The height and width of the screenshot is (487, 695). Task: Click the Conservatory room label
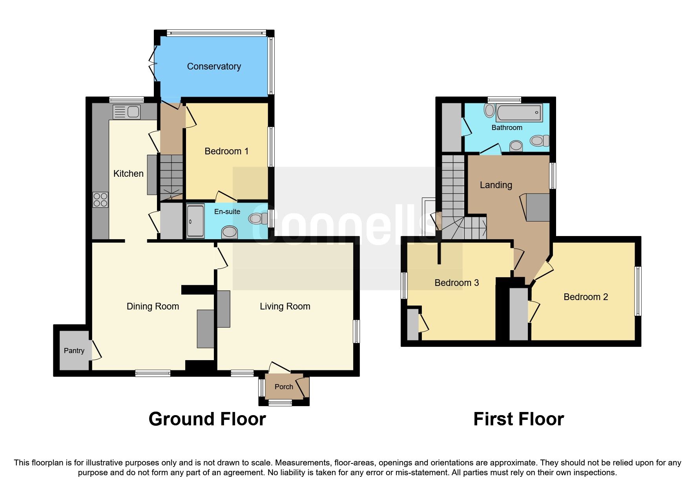pos(214,66)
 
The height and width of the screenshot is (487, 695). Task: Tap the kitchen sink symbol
pos(126,112)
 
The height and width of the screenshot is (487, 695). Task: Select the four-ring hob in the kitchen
pos(100,200)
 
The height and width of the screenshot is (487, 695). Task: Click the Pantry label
pos(74,351)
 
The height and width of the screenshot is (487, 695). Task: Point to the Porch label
pos(284,387)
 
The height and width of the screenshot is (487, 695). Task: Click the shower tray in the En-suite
pos(195,221)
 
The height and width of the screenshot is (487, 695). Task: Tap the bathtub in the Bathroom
pos(519,113)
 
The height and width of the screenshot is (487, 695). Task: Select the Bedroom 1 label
pos(226,151)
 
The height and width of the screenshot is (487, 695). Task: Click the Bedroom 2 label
pos(586,297)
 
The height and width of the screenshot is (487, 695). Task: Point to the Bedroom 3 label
pos(456,283)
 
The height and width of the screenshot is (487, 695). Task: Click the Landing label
pos(496,185)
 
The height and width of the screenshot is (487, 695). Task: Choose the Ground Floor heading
pos(207,419)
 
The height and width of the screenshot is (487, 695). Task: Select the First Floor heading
pos(518,419)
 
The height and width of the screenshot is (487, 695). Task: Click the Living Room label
pos(285,306)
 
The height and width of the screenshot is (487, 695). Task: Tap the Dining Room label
pos(153,306)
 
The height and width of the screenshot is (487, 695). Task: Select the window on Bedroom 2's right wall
pos(638,291)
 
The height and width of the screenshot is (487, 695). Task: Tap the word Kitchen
pos(128,174)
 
